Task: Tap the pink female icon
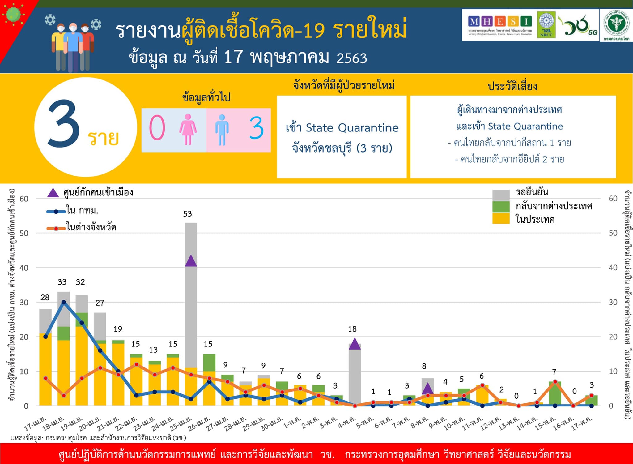point(188,129)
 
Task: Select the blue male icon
point(222,130)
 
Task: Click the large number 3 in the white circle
point(64,124)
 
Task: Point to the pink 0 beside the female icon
point(157,128)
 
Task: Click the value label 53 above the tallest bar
point(187,214)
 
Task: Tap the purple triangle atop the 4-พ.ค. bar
point(355,344)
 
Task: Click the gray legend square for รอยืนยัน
point(501,195)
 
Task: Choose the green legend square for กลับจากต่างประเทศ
point(501,207)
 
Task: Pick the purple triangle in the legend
point(53,193)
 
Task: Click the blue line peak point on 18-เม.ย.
point(63,302)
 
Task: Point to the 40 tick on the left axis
point(24,268)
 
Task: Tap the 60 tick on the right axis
point(613,199)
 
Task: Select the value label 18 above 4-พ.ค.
point(352,329)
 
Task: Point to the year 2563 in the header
point(351,58)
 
